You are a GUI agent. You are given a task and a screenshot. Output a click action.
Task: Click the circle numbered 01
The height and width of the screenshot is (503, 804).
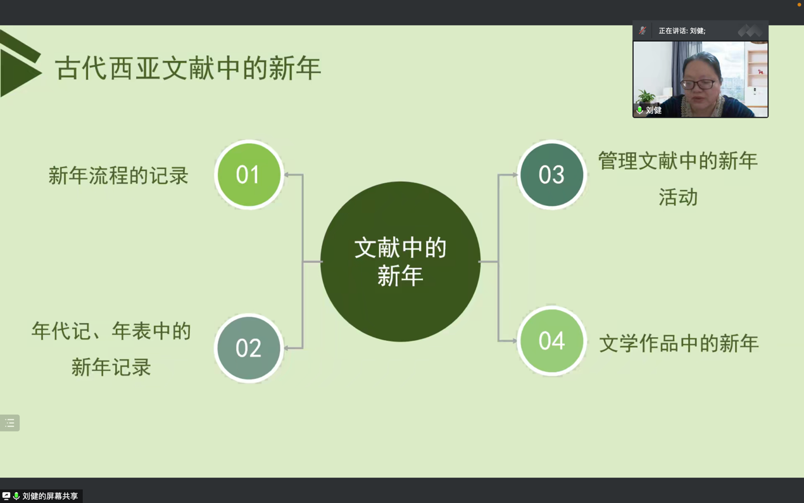pyautogui.click(x=249, y=175)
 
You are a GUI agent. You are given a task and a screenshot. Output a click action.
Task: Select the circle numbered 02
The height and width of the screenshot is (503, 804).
pyautogui.click(x=249, y=348)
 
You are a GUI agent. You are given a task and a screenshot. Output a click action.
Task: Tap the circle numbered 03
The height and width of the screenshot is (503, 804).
pyautogui.click(x=551, y=175)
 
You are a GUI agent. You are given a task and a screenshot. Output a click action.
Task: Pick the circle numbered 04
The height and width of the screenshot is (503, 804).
pyautogui.click(x=551, y=341)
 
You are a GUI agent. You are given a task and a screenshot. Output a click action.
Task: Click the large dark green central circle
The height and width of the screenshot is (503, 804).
pyautogui.click(x=400, y=262)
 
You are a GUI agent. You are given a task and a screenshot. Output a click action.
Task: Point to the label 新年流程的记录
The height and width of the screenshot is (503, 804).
pyautogui.click(x=118, y=175)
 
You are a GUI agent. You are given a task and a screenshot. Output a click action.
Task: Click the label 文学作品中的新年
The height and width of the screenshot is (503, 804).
pyautogui.click(x=679, y=343)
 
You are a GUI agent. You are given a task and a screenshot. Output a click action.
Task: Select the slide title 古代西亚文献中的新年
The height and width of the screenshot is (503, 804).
pyautogui.click(x=188, y=68)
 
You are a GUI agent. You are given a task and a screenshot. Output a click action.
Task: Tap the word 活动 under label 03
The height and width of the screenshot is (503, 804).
pyautogui.click(x=678, y=197)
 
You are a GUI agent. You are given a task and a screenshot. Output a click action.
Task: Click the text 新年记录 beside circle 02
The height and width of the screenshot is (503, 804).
pyautogui.click(x=111, y=367)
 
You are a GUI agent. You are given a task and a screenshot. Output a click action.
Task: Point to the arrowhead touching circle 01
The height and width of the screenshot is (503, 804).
pyautogui.click(x=287, y=175)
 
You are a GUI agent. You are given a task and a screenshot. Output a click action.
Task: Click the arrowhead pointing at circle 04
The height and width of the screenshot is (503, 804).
pyautogui.click(x=514, y=341)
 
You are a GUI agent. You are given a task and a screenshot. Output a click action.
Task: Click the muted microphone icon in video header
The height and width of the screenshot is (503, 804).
pyautogui.click(x=643, y=30)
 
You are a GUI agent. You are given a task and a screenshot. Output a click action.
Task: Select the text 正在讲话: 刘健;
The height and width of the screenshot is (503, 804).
pyautogui.click(x=682, y=31)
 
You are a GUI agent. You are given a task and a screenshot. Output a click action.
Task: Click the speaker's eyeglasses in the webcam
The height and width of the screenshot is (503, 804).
pyautogui.click(x=698, y=84)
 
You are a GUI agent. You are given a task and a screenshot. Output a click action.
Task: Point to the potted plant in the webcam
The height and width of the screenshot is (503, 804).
pyautogui.click(x=646, y=97)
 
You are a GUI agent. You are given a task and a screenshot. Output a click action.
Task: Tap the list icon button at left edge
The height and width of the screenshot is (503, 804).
pyautogui.click(x=9, y=423)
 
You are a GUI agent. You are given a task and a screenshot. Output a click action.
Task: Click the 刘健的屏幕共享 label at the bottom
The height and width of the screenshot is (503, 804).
pyautogui.click(x=50, y=496)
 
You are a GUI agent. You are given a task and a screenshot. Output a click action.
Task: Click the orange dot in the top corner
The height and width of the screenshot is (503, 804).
pyautogui.click(x=800, y=4)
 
